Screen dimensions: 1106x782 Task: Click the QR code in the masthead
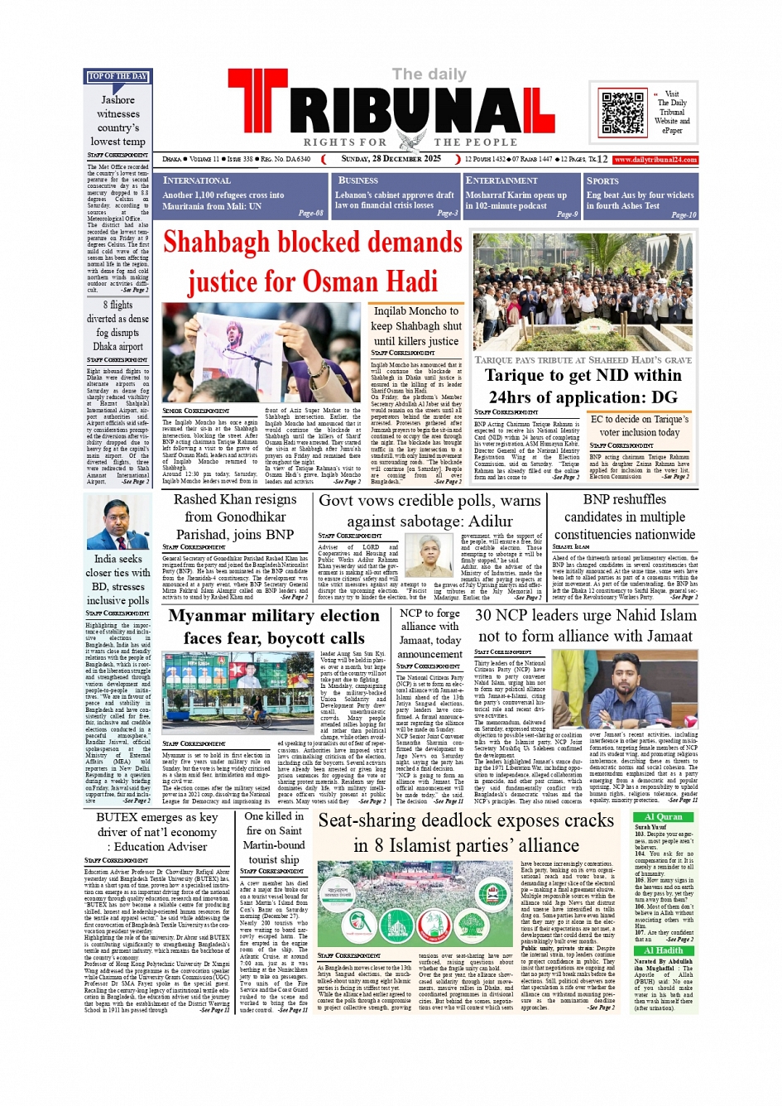pos(622,113)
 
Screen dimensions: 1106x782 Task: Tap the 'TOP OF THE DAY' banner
pos(118,76)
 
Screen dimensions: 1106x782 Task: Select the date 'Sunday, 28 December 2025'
pos(391,159)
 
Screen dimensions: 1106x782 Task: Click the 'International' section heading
pos(197,180)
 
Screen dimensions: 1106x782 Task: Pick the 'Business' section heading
pos(358,180)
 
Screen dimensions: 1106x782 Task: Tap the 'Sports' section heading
pos(602,180)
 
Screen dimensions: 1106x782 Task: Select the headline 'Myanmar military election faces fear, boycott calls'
pos(274,627)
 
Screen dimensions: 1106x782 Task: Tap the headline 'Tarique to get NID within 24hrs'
pos(583,386)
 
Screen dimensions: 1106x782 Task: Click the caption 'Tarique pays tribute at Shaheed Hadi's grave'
pos(583,360)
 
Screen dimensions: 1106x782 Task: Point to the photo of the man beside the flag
pos(118,521)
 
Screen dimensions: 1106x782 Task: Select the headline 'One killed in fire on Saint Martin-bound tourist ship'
pos(274,837)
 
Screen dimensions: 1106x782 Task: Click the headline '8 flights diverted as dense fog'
pos(118,325)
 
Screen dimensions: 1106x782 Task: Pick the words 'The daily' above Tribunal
pos(429,75)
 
